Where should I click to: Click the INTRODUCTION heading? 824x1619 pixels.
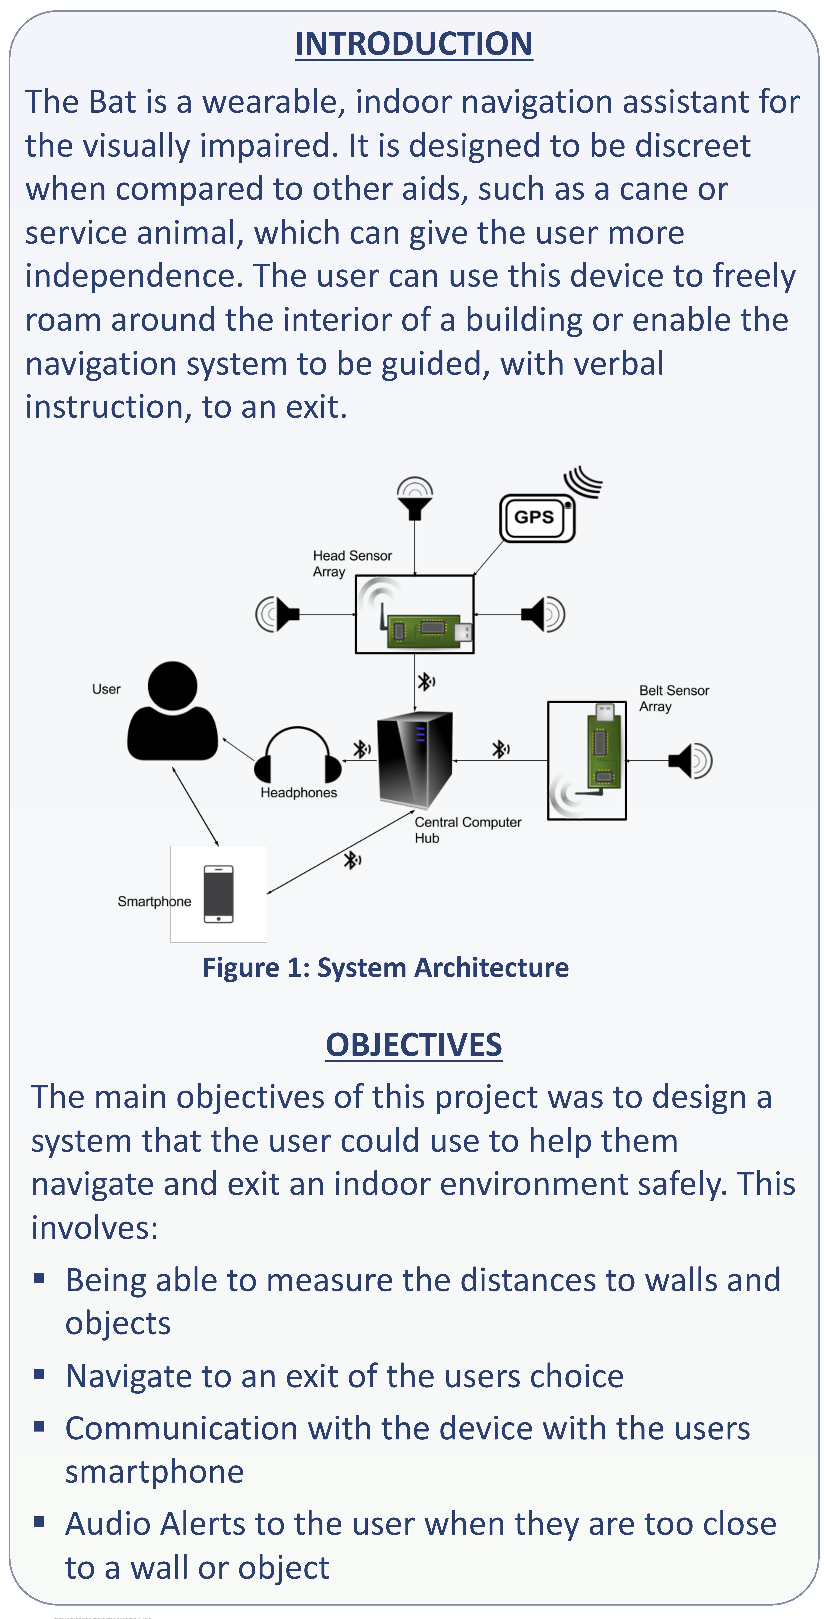point(414,44)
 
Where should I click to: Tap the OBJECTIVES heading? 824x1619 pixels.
point(414,1045)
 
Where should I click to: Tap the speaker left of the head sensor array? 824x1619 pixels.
point(277,614)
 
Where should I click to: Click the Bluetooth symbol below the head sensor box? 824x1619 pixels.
point(425,681)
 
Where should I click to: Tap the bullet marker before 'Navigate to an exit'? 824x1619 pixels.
point(40,1374)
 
